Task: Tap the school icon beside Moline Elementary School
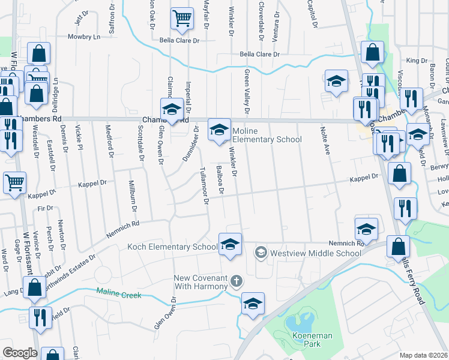(219, 129)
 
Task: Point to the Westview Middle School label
(315, 253)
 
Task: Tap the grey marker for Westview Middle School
(261, 253)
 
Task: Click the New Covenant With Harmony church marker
(237, 281)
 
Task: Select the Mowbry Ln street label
(83, 37)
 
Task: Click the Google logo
(20, 353)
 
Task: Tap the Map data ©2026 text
(423, 355)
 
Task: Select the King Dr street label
(416, 61)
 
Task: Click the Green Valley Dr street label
(246, 91)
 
